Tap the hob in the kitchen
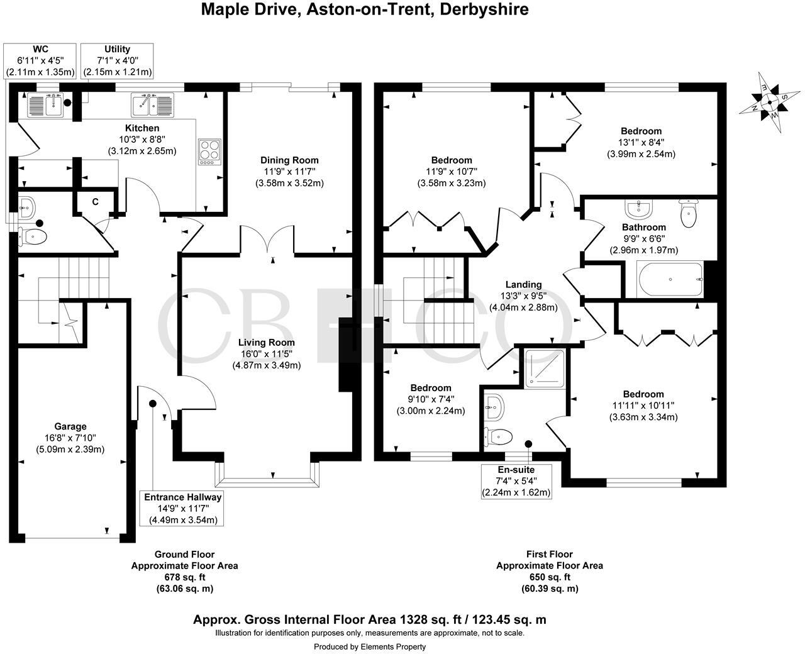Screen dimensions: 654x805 (x=209, y=152)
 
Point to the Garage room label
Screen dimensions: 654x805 (x=70, y=427)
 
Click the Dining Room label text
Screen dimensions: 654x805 (x=289, y=160)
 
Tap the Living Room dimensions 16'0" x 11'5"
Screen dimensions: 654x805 (x=267, y=354)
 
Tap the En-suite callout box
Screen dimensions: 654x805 (x=516, y=480)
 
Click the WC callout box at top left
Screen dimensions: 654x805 (x=40, y=60)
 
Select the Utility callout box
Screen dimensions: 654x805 (x=118, y=60)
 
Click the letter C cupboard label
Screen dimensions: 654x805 (x=96, y=202)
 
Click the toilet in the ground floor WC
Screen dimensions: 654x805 (x=31, y=236)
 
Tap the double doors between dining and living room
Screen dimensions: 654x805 (x=268, y=240)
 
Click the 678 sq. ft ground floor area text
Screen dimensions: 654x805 (x=184, y=577)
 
